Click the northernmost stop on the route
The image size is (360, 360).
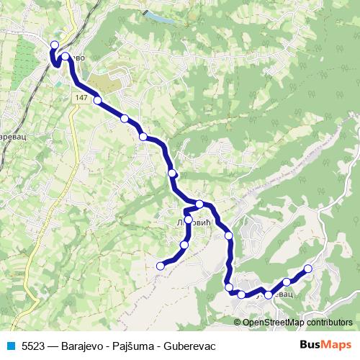[54, 45]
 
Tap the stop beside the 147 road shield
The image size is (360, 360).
[97, 101]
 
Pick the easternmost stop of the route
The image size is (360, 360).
[308, 269]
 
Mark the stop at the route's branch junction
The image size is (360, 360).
[199, 204]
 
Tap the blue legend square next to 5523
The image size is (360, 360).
[11, 345]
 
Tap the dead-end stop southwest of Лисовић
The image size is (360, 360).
[161, 266]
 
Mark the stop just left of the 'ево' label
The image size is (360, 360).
[66, 56]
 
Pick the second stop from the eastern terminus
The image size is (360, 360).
[287, 282]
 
